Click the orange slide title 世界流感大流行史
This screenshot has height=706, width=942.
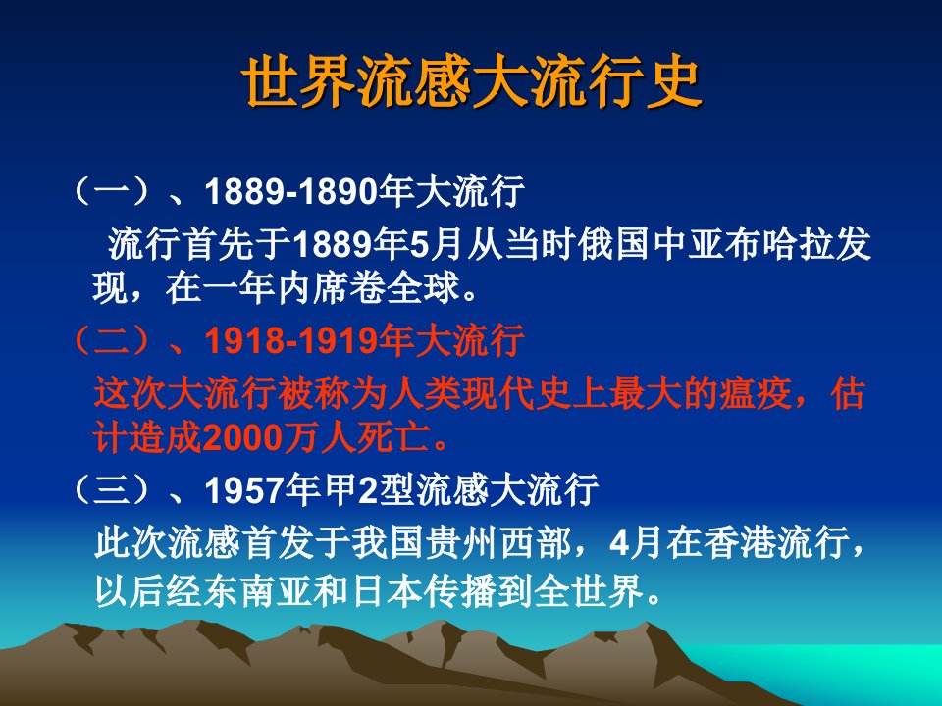coord(472,82)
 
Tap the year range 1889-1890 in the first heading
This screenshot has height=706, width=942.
coord(291,191)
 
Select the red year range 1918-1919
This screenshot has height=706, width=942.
coord(291,340)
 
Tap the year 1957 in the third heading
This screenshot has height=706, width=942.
coord(244,489)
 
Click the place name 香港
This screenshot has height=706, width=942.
coord(741,542)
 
